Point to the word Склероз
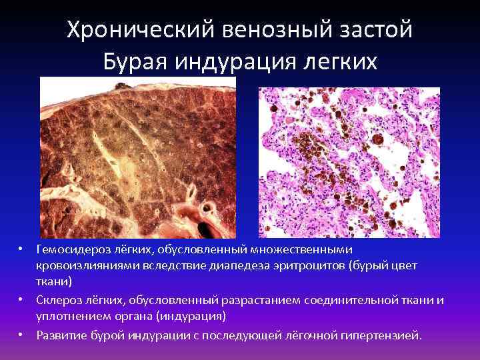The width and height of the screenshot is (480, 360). coord(57,300)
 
